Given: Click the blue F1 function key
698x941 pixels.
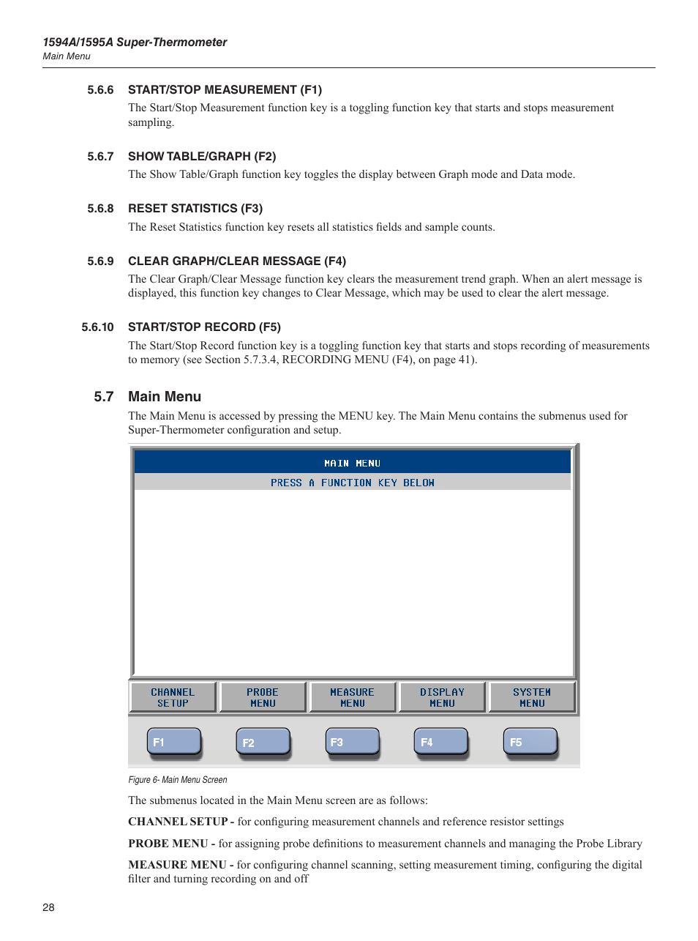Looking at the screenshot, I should pos(173,741).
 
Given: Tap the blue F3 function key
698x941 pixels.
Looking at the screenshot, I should pos(352,741).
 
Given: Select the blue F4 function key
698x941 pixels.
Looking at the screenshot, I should pos(441,741).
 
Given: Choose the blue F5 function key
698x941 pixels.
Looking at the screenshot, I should pos(530,741).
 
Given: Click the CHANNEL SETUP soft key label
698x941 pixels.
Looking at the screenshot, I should pos(173,697).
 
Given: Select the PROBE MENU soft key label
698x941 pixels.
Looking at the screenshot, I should pos(263,697).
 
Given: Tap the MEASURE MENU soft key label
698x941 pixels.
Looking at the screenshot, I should pos(353,697).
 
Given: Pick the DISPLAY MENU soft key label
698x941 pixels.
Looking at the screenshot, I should pos(442,697).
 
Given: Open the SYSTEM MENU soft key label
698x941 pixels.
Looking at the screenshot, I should pos(532,697).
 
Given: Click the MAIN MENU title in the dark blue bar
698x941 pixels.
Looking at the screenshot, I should pos(353,463).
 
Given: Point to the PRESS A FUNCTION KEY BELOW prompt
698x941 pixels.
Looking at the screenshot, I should pos(353,483).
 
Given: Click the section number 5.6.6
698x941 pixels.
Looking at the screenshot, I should pos(100,90).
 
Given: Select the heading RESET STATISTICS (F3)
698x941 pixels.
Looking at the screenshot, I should pos(195,209).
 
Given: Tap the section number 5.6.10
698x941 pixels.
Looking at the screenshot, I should pos(97,327).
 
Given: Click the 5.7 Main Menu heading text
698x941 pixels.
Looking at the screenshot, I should pos(165,396).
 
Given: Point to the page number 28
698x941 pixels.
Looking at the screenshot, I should pos(48,907).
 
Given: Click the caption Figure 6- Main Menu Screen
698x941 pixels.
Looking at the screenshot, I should pos(178,780).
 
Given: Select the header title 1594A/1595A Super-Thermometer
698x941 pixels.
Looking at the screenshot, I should pos(135,42).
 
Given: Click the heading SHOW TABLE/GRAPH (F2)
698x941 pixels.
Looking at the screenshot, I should pos(202,157).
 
